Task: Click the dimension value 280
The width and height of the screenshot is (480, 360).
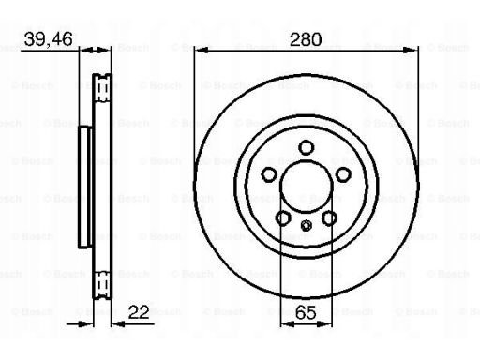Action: [x=306, y=39]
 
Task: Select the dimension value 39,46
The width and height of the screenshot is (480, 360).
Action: [x=48, y=39]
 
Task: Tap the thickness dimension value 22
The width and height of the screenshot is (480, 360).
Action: [x=139, y=312]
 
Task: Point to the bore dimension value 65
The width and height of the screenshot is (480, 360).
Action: [x=306, y=312]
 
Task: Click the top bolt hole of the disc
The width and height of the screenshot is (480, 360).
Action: [x=306, y=147]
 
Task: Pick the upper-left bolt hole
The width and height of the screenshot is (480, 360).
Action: [x=269, y=174]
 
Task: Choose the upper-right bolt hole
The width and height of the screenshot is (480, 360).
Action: [x=343, y=174]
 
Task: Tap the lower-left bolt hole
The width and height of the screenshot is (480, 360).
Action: [x=283, y=217]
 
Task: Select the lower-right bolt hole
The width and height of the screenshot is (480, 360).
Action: [x=329, y=217]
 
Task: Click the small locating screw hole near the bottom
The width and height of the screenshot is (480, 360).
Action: [x=306, y=225]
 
